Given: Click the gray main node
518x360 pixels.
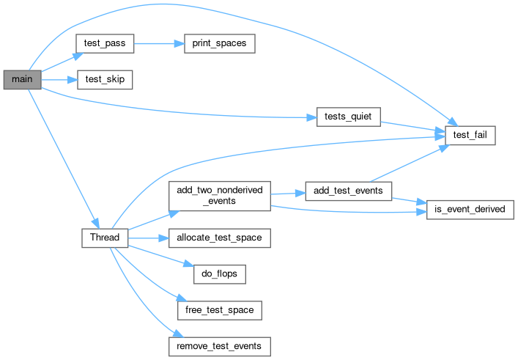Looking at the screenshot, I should point(22,79).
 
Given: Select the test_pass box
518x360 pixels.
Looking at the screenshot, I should point(105,44).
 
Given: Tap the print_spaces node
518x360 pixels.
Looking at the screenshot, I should point(219,44).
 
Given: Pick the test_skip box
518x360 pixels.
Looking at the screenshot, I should point(105,79).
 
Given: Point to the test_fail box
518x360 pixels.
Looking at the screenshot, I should point(470,135).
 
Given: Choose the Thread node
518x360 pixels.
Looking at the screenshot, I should point(105,238).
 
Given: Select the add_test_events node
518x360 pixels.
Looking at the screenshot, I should point(348,191).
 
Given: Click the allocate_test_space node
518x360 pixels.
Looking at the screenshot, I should point(220,238).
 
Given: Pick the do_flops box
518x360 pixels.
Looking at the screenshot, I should point(220,274).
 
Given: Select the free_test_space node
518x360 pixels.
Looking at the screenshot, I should point(220,309).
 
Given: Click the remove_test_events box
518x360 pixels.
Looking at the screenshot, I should point(220,345).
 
